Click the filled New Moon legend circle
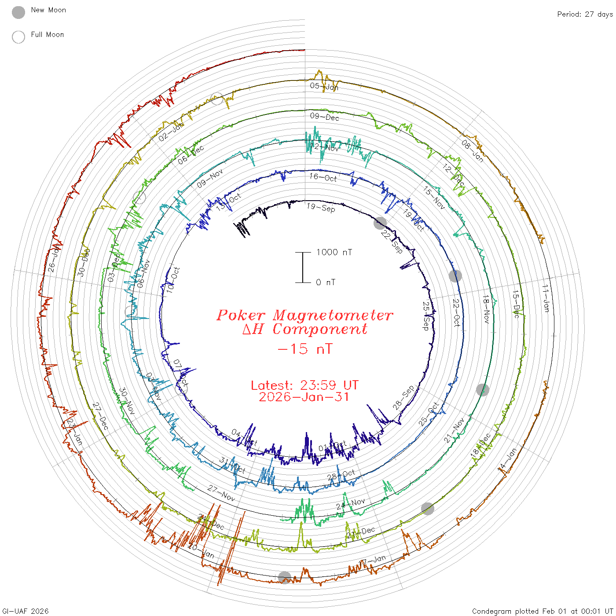coord(18,13)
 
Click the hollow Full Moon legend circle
coord(18,37)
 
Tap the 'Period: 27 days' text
coord(585,14)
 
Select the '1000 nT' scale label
coord(334,252)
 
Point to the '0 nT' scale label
coord(325,282)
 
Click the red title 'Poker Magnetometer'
coord(305,315)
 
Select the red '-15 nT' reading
coord(305,349)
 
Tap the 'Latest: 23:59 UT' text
coord(304,385)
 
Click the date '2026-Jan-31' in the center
coord(304,397)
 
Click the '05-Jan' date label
coord(324,86)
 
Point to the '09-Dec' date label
coord(324,117)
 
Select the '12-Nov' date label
coord(324,147)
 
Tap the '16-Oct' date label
coord(323,177)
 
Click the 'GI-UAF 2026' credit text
coord(26,611)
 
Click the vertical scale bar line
coord(303,267)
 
